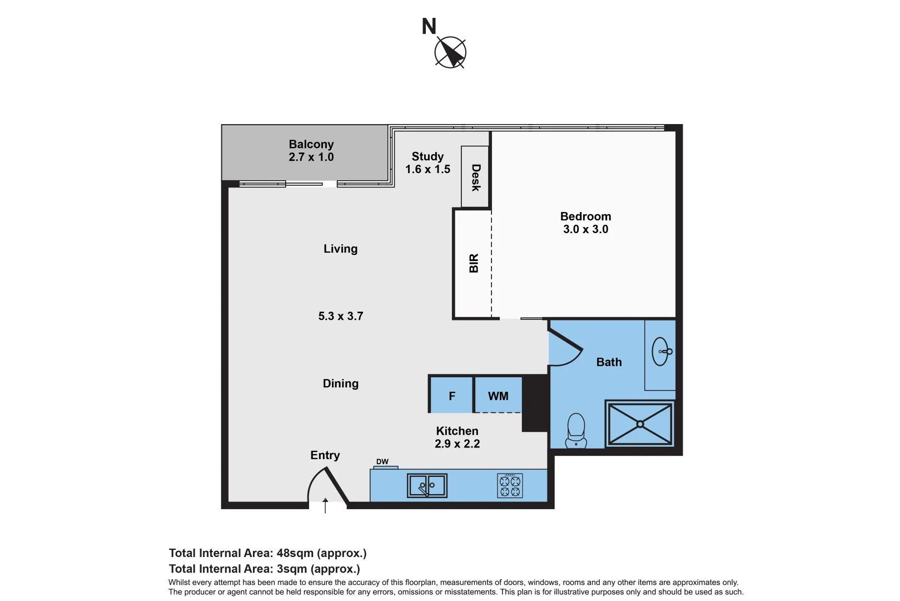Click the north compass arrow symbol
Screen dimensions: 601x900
[450, 53]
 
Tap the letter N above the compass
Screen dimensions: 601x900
[429, 27]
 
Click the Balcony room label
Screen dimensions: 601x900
[311, 144]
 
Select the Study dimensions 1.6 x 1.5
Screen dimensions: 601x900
[427, 169]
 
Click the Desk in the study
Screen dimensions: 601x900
[475, 177]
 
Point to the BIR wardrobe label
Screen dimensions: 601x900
[474, 263]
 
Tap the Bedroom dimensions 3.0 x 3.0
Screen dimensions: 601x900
[585, 229]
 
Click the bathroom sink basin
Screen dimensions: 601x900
[660, 352]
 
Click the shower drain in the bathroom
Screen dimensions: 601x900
[640, 424]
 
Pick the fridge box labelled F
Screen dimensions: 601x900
[451, 396]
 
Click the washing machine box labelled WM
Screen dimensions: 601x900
[498, 396]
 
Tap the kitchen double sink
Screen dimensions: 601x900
[427, 485]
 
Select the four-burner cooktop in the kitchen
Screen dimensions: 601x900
[510, 486]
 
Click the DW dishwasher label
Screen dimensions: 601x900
[382, 462]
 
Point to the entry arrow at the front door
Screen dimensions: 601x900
[325, 505]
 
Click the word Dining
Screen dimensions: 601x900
[340, 383]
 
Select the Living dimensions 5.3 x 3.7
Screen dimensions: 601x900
[340, 316]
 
